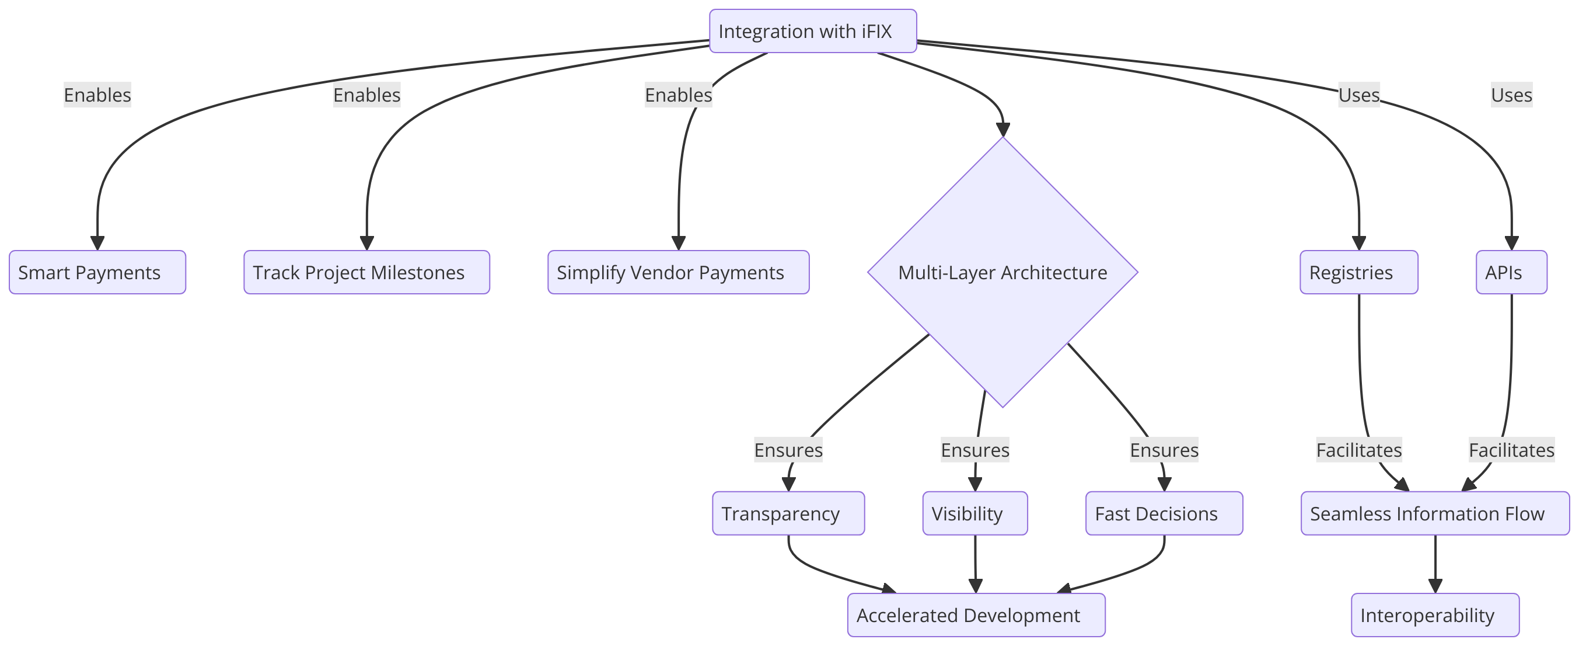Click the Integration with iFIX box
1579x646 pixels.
tap(813, 31)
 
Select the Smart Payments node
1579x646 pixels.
tap(97, 272)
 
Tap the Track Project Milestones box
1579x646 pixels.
tap(366, 272)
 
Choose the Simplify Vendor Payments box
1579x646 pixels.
tap(679, 272)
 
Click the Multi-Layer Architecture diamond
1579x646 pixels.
tap(1003, 272)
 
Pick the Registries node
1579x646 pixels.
tap(1359, 272)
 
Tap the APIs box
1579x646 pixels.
tap(1511, 272)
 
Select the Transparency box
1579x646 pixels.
tap(788, 513)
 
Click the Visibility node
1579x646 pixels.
tap(975, 513)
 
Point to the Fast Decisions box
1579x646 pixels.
tap(1165, 513)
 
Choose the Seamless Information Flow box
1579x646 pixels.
tap(1435, 513)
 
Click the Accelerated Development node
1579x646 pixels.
tap(976, 614)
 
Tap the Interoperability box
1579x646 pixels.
tap(1435, 614)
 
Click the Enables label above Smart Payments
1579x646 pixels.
tap(97, 95)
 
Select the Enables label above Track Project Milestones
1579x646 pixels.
tap(366, 95)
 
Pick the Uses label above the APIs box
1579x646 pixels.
tap(1511, 95)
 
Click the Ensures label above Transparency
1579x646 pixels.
tap(788, 450)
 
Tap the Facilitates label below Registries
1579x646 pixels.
tap(1359, 450)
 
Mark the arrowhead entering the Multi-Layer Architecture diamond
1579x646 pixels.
tap(1003, 130)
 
